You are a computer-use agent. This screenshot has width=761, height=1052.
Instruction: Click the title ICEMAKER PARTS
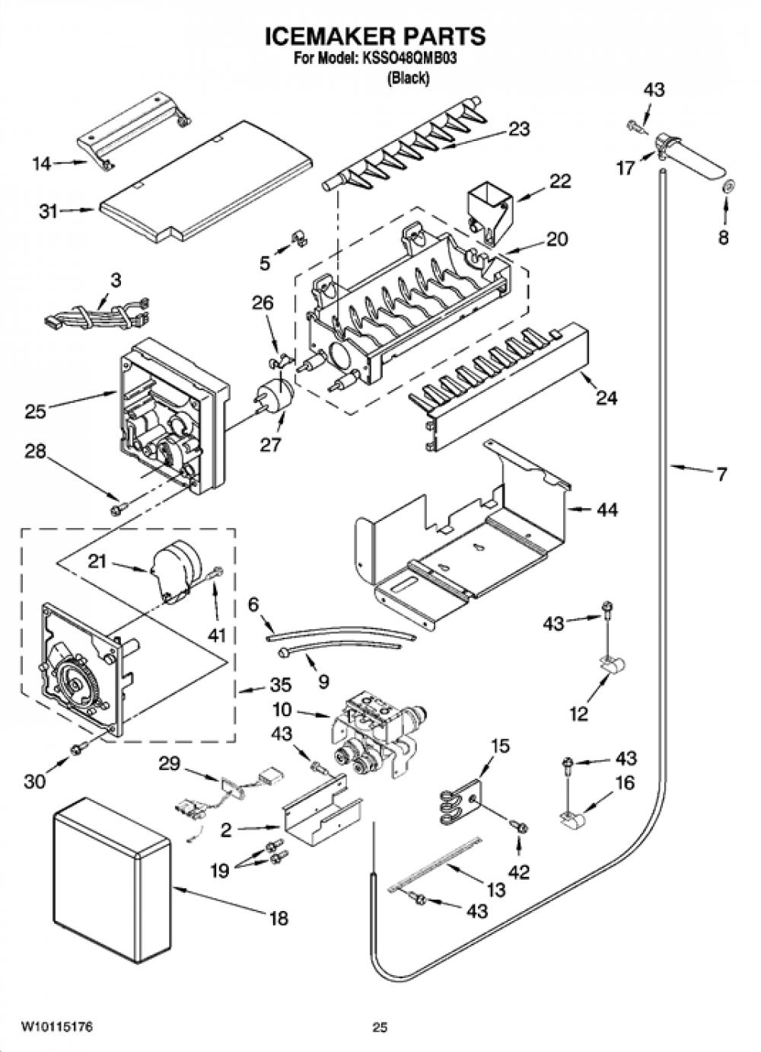click(375, 37)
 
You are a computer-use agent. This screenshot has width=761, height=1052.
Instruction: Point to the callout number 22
click(561, 181)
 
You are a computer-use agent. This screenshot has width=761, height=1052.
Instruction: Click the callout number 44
click(607, 509)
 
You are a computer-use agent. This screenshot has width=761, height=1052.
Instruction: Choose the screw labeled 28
click(118, 508)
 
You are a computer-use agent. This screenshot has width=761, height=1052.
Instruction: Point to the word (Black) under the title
click(408, 78)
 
